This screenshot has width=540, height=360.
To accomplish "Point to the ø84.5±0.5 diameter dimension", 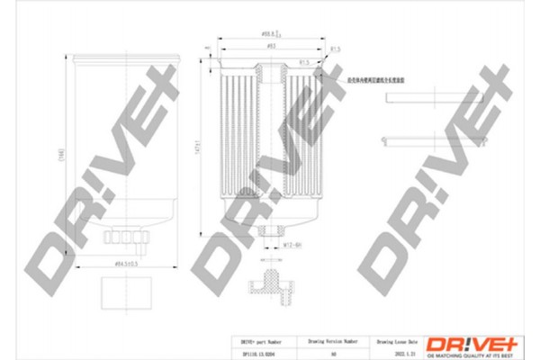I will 124,263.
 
